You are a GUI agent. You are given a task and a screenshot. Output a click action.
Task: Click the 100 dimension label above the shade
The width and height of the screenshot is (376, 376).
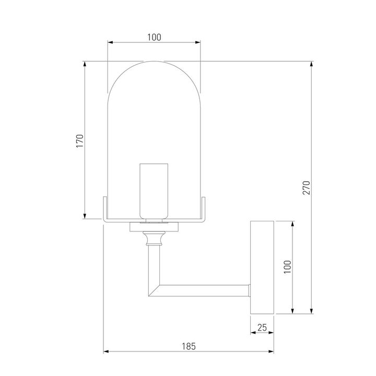(154, 37)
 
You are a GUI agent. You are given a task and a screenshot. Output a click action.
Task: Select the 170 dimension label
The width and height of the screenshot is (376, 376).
(79, 141)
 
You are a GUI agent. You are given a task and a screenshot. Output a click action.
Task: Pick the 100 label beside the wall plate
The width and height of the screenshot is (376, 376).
(287, 267)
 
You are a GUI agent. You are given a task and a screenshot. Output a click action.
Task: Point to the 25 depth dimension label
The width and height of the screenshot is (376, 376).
(262, 327)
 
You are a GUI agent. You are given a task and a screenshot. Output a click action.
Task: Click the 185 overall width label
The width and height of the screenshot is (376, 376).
(189, 345)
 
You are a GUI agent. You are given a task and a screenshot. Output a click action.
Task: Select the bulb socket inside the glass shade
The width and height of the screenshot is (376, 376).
(154, 191)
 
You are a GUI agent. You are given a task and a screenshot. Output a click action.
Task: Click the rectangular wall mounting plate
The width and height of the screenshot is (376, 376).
(262, 267)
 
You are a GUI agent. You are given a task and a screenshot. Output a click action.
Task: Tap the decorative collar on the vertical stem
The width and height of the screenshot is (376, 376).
(154, 239)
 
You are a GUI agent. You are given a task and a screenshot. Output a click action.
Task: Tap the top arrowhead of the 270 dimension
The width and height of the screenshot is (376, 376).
(312, 64)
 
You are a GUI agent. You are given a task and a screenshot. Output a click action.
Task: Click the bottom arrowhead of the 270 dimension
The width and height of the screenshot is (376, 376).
(312, 312)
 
